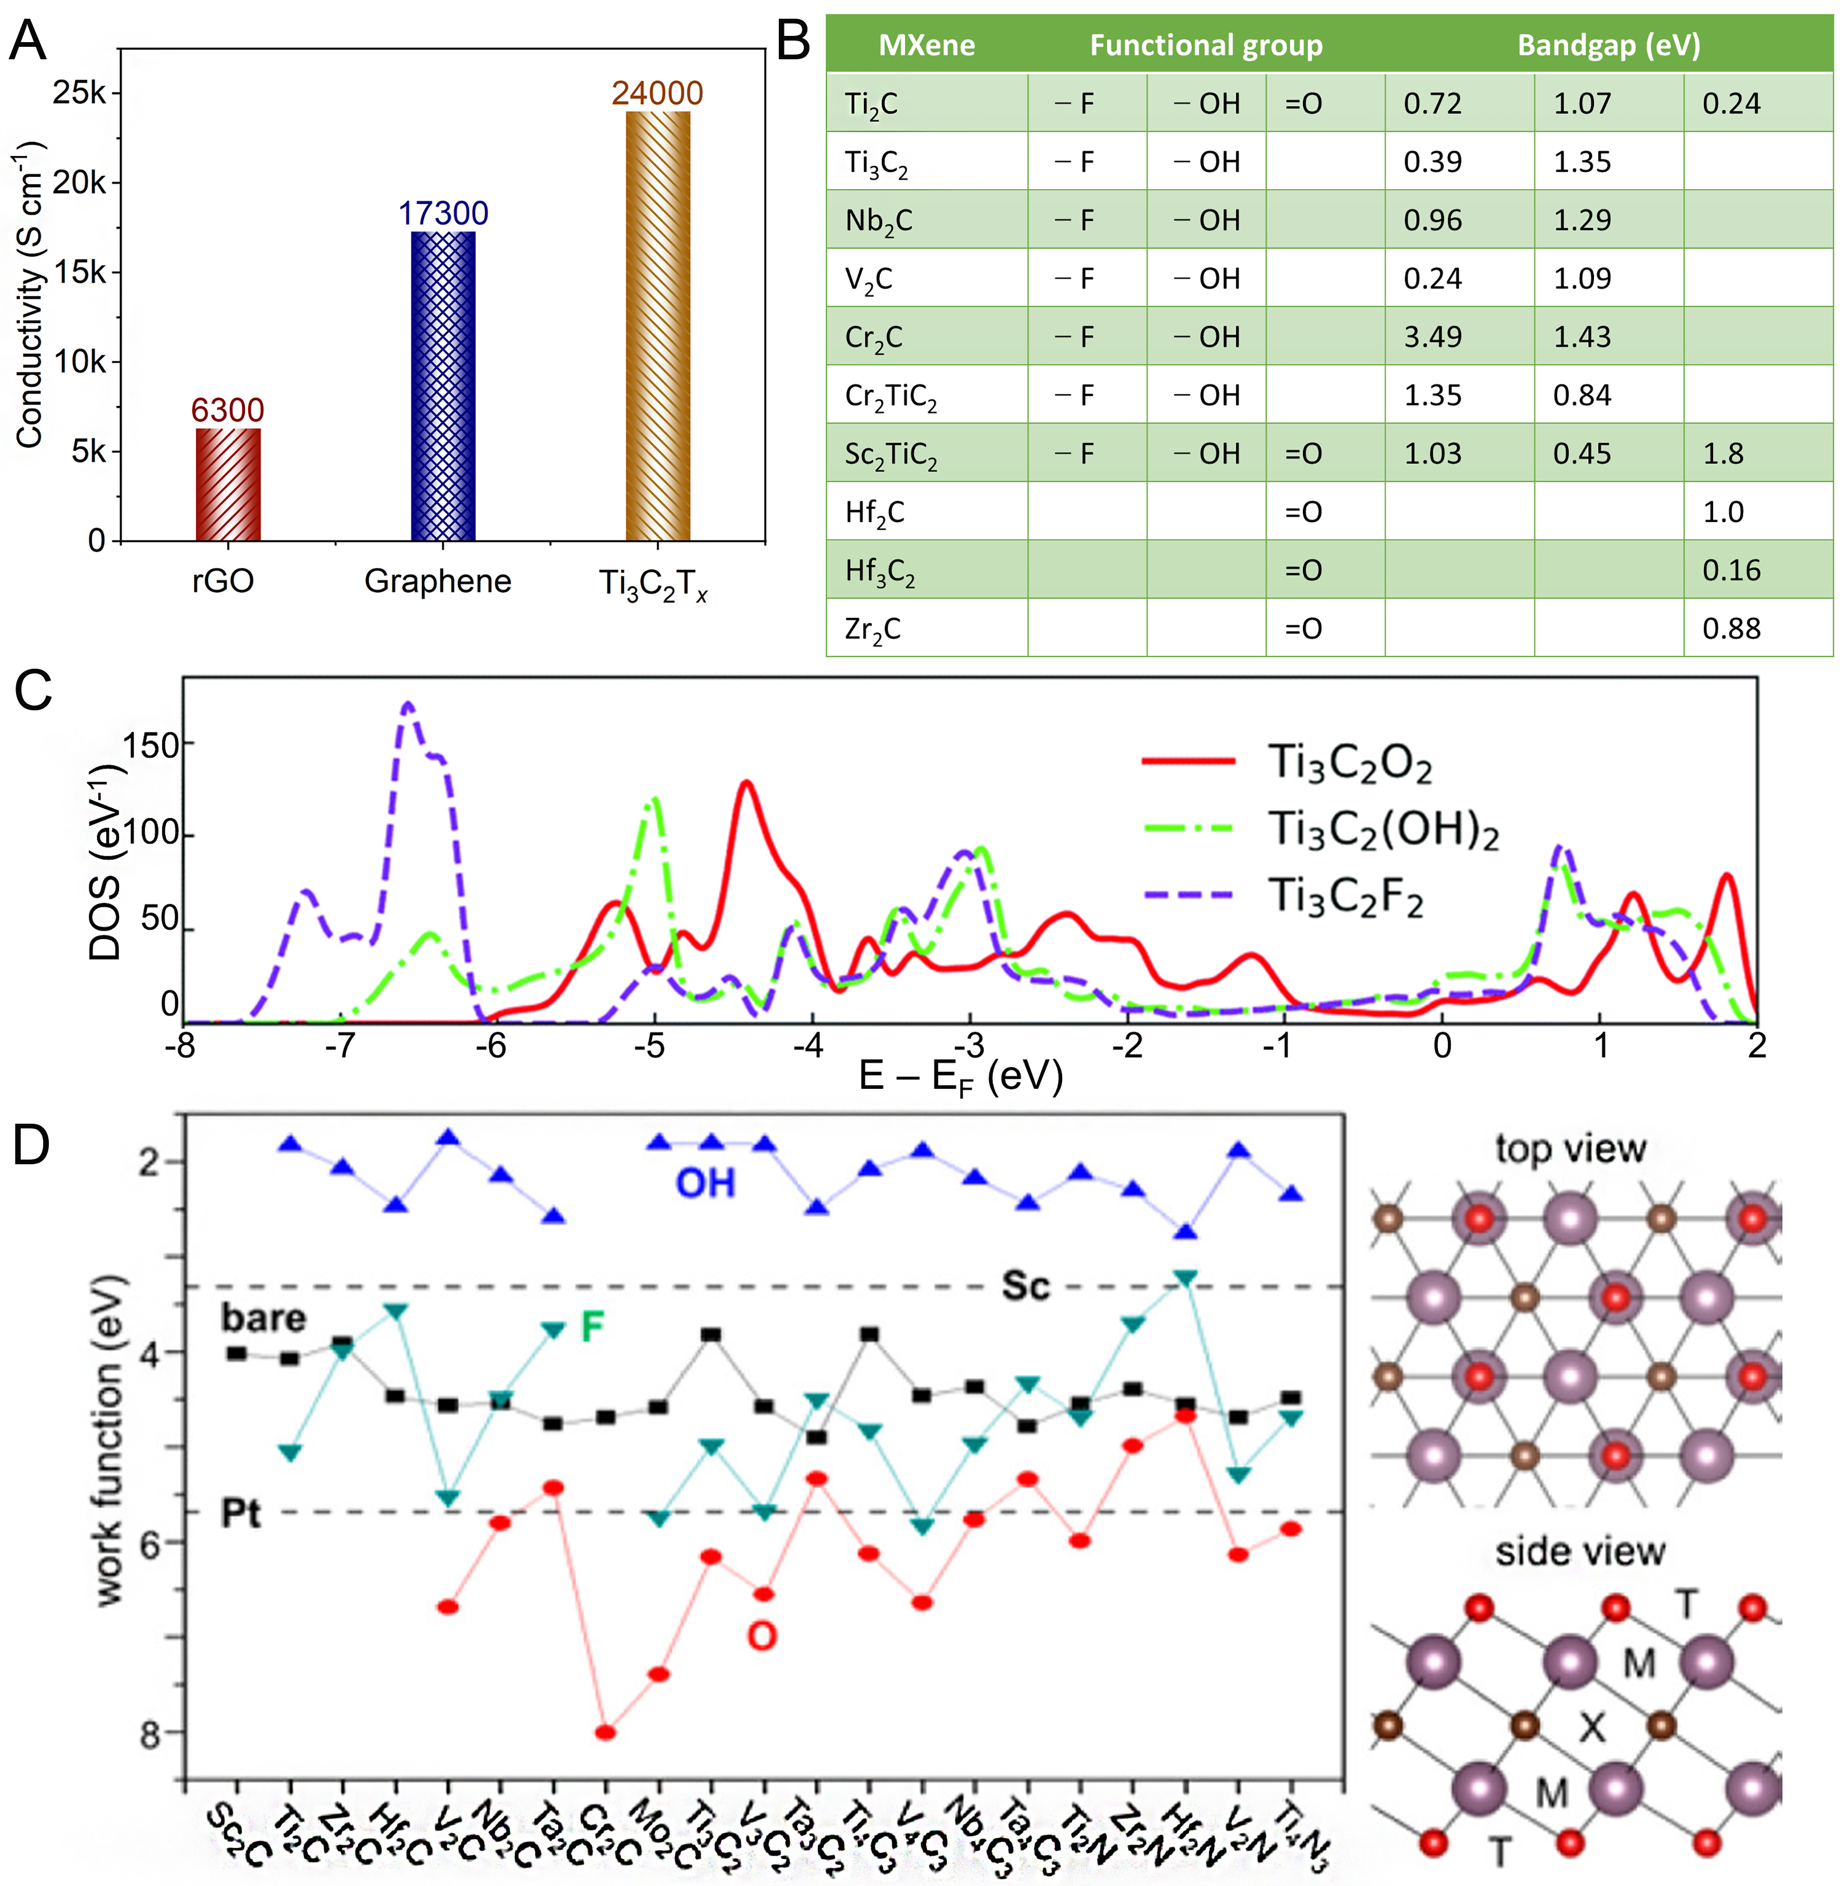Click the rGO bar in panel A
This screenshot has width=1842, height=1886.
click(228, 484)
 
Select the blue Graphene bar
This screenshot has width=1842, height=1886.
click(443, 387)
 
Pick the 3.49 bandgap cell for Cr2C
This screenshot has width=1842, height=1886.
click(1433, 337)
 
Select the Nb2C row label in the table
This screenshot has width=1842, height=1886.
click(879, 220)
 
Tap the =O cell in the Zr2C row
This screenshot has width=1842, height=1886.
click(1303, 629)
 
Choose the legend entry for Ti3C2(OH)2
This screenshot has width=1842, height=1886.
click(1383, 829)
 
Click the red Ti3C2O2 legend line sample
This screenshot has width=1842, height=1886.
click(1188, 762)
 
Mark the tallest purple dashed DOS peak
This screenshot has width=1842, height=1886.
click(407, 706)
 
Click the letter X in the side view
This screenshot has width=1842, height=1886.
click(1592, 1726)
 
